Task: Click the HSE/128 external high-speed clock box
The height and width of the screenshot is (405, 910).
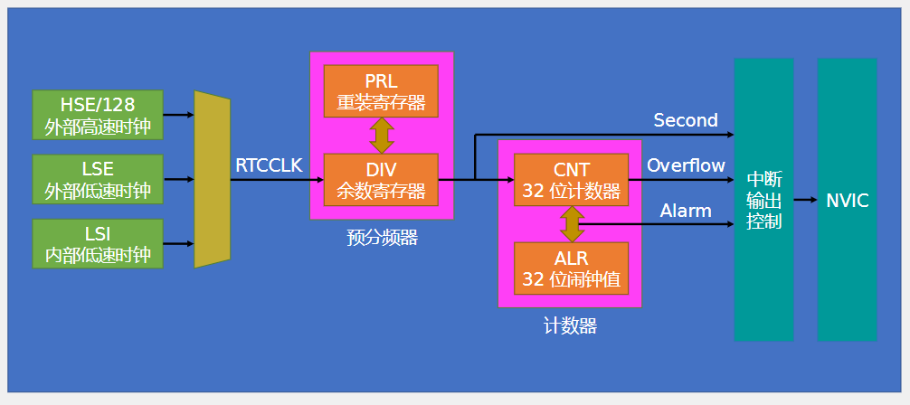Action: coord(98,115)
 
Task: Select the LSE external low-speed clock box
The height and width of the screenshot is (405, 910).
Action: coord(98,179)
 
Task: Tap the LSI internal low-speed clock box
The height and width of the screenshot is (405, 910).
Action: coord(98,244)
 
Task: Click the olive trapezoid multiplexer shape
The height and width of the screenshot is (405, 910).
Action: coord(212,179)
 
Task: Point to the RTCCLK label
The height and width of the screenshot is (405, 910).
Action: coord(270,165)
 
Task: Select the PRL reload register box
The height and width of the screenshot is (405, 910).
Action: coord(381,91)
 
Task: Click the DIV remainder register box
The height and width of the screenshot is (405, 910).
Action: coord(381,179)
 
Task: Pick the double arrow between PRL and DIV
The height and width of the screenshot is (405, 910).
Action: coord(382,136)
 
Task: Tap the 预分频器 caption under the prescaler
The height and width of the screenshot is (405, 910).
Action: coord(382,238)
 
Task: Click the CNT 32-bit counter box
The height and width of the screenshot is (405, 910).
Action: coord(571,179)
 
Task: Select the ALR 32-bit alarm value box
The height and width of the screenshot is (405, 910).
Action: coord(571,268)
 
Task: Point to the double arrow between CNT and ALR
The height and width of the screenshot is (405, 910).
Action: coord(573,224)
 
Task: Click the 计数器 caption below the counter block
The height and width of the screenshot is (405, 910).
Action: coord(570,326)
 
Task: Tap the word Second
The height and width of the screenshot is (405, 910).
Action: coord(686,120)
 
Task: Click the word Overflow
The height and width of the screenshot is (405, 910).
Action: coord(686,165)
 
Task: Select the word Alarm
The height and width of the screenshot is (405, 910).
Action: coord(686,210)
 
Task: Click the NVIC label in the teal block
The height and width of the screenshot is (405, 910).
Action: coord(848,201)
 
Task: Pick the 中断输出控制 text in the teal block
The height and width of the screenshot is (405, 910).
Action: coord(764,200)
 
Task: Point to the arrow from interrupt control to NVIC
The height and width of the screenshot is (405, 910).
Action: coord(806,200)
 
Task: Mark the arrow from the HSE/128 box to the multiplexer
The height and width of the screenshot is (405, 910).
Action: coord(179,115)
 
